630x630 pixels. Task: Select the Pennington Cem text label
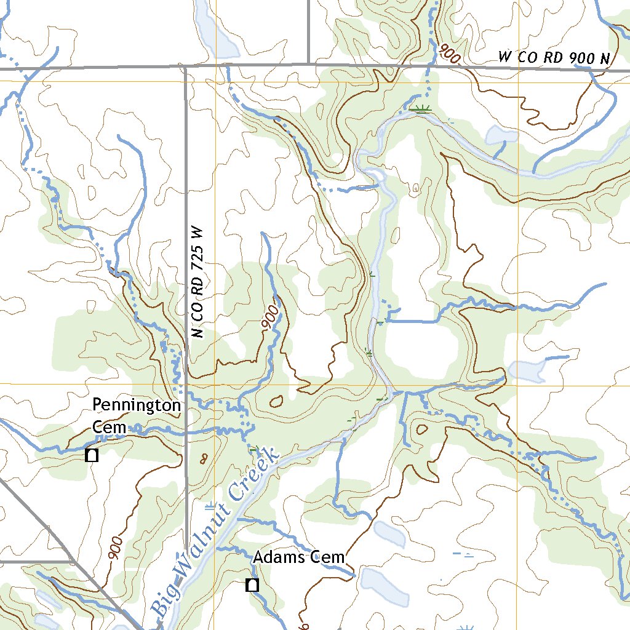[x=137, y=415]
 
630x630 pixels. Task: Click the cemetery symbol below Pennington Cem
[x=92, y=455]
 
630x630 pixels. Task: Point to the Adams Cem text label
[x=299, y=557]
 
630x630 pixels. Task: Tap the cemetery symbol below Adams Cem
[x=252, y=584]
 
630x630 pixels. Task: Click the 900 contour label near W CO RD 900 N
[x=450, y=54]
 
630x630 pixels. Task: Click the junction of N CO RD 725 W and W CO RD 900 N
[x=185, y=65]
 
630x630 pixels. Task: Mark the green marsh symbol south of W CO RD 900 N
[x=421, y=110]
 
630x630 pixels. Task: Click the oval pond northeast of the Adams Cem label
[x=389, y=534]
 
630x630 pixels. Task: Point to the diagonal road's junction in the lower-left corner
[x=73, y=561]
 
